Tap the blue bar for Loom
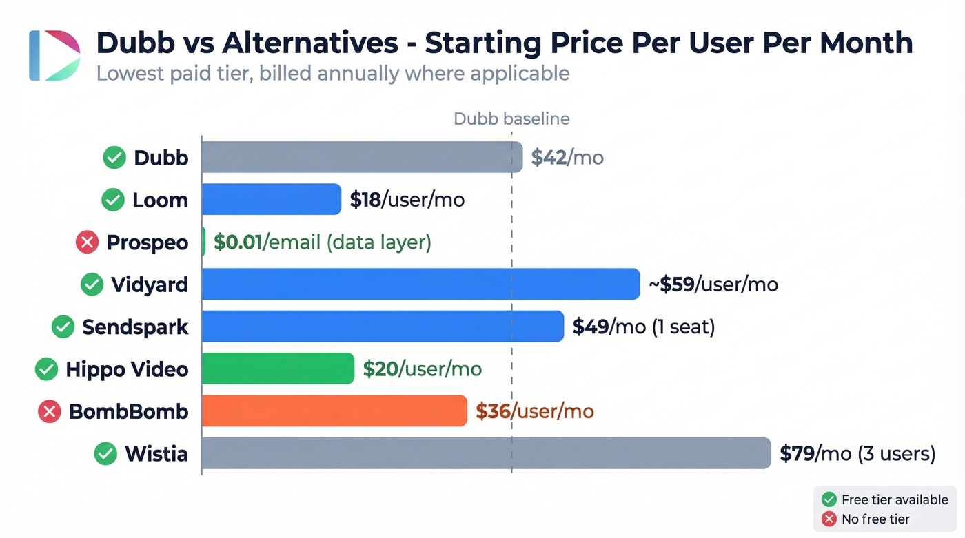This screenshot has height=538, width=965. pyautogui.click(x=272, y=200)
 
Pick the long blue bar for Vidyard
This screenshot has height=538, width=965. pyautogui.click(x=420, y=284)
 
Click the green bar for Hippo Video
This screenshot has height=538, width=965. pyautogui.click(x=278, y=369)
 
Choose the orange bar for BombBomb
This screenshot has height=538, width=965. pyautogui.click(x=334, y=411)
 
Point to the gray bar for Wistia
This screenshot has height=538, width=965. pyautogui.click(x=486, y=453)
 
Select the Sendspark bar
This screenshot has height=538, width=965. pyautogui.click(x=383, y=327)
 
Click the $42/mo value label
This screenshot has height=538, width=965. pyautogui.click(x=567, y=158)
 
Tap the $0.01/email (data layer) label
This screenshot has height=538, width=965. pyautogui.click(x=323, y=242)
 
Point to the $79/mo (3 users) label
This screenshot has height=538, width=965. pyautogui.click(x=857, y=454)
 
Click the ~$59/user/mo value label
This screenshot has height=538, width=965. pyautogui.click(x=713, y=284)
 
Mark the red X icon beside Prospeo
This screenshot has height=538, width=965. pyautogui.click(x=86, y=242)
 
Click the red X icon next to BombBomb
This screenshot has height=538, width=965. pyautogui.click(x=49, y=412)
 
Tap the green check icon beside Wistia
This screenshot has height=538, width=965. pyautogui.click(x=105, y=454)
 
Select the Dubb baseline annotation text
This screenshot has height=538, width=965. pyautogui.click(x=511, y=118)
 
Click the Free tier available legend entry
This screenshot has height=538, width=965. pyautogui.click(x=886, y=499)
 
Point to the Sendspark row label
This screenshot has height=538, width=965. pyautogui.click(x=135, y=327)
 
